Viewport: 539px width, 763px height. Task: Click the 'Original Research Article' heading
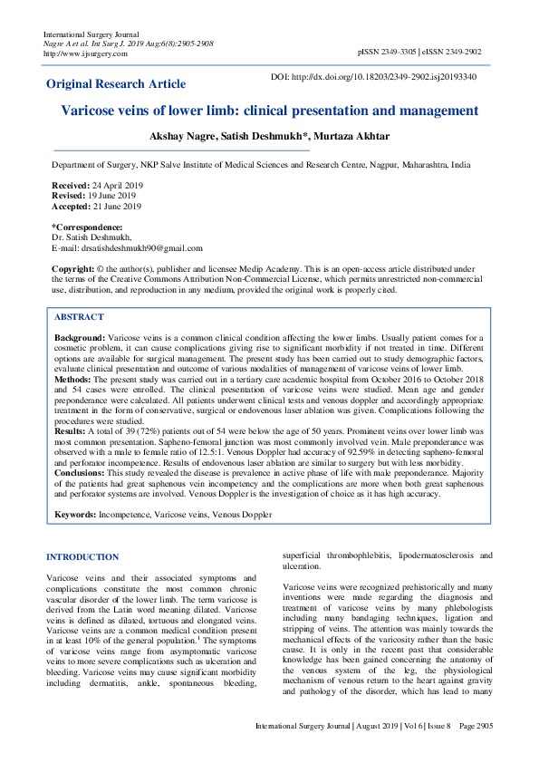pyautogui.click(x=116, y=84)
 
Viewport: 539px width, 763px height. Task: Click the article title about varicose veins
pyautogui.click(x=269, y=111)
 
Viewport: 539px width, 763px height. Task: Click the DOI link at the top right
pyautogui.click(x=387, y=77)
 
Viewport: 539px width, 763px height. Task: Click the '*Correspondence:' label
pyautogui.click(x=87, y=226)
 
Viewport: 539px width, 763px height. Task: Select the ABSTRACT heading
pyautogui.click(x=79, y=318)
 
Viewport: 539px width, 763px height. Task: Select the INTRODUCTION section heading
pyautogui.click(x=82, y=557)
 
